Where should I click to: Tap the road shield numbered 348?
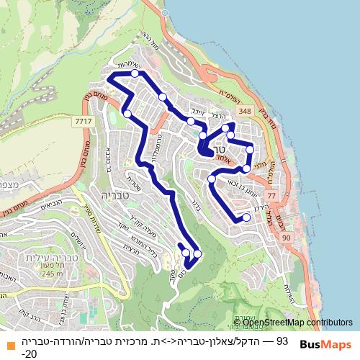pyautogui.click(x=245, y=110)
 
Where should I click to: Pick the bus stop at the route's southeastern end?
pyautogui.click(x=246, y=217)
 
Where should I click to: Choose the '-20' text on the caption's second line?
pyautogui.click(x=29, y=354)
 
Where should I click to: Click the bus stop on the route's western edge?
pyautogui.click(x=127, y=113)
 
